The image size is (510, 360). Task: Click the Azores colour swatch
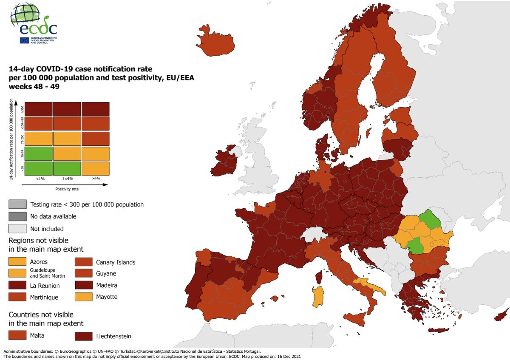click(17, 261)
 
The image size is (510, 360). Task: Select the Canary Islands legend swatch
click(84, 261)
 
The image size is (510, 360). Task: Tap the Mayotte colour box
click(84, 297)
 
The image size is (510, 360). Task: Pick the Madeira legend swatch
click(84, 285)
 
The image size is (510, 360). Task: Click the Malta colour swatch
click(17, 336)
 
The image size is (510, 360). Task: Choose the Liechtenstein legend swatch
click(84, 336)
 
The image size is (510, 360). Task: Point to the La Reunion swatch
click(17, 285)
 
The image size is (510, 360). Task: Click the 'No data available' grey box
click(17, 216)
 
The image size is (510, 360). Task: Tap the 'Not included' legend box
click(17, 229)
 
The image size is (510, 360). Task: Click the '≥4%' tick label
click(96, 179)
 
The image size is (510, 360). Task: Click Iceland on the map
click(216, 42)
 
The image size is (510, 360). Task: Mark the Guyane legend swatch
click(84, 273)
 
